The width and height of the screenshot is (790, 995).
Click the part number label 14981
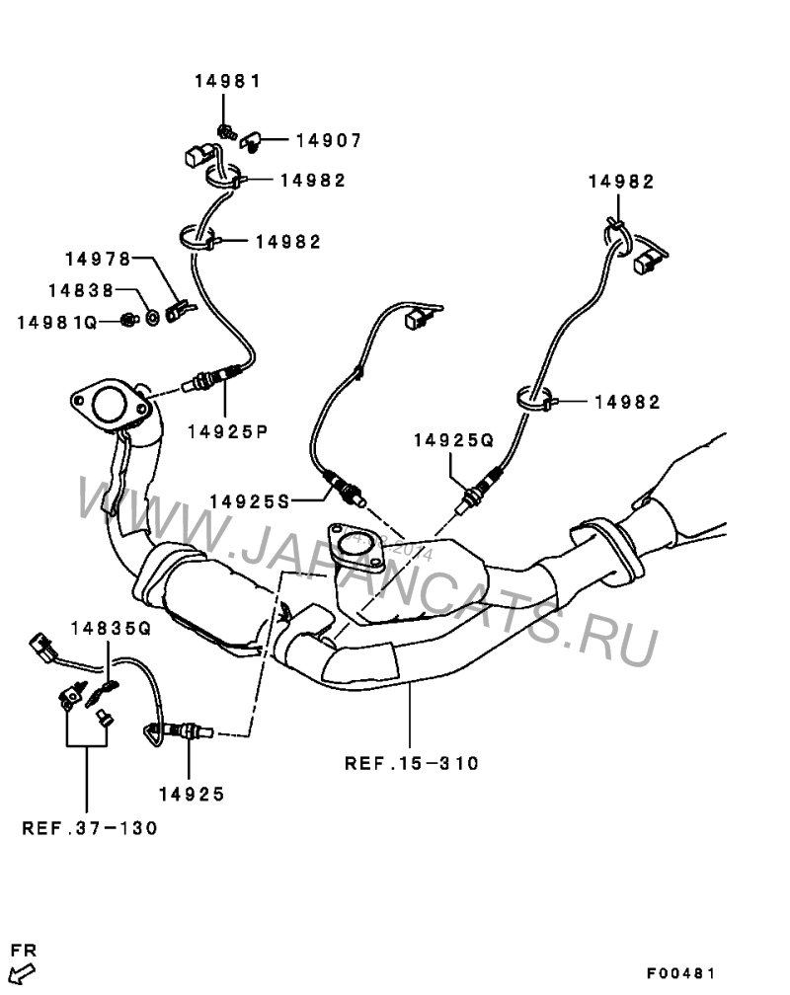pos(227,81)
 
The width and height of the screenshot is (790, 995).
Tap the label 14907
pos(329,140)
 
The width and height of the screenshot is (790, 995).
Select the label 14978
pos(98,259)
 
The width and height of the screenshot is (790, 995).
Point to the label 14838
pos(81,290)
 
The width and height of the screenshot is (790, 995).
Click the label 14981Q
pos(57,323)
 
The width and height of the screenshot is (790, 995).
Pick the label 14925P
pos(228,432)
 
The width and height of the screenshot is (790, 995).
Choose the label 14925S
pos(250,501)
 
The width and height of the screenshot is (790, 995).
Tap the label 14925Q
pos(453,440)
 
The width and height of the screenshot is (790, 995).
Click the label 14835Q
pos(112,629)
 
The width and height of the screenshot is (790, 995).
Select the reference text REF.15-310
pos(412,763)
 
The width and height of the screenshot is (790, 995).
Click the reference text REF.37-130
pos(90,828)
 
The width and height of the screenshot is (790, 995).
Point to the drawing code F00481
pos(681,973)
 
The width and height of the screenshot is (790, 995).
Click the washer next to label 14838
pos(152,317)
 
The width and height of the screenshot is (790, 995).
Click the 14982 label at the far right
pos(627,403)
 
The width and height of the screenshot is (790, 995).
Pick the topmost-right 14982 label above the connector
pos(621,182)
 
